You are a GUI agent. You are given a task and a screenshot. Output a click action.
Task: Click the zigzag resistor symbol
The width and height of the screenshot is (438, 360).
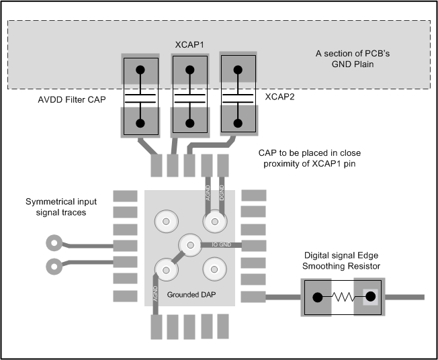345,296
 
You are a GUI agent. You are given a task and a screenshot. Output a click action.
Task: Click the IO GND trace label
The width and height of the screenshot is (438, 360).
221,244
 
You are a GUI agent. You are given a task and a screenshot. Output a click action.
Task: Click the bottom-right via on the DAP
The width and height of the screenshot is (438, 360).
214,270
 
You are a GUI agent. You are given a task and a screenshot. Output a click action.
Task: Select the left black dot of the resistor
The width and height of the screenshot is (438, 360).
318,296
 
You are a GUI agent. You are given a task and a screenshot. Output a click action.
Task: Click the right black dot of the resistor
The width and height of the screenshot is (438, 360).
369,296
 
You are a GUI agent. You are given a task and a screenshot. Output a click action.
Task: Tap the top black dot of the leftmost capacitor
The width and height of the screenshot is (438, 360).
140,71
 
